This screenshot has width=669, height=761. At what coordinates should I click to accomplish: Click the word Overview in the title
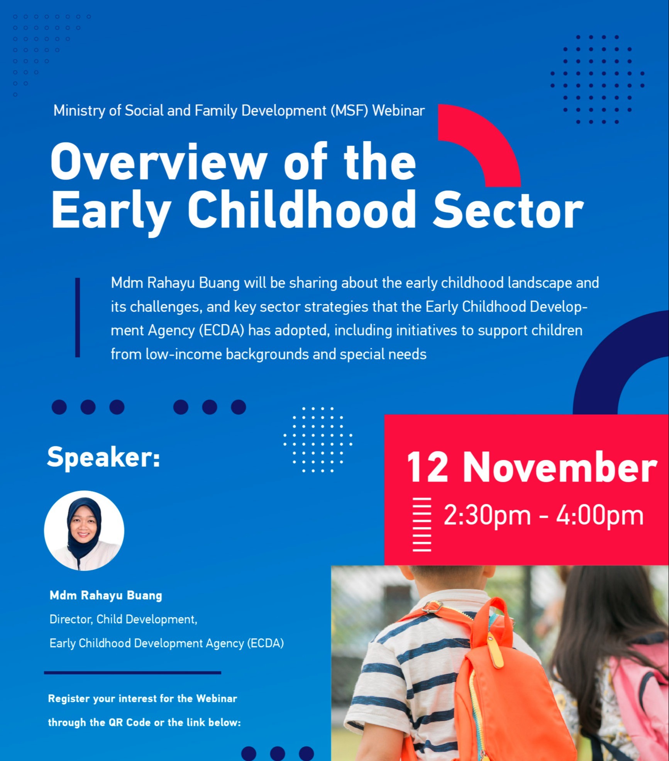point(159,162)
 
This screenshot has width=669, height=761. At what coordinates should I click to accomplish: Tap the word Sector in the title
point(508,210)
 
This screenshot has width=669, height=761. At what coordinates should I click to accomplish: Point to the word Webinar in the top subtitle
point(398,111)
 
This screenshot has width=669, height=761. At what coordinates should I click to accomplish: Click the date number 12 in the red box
point(427,468)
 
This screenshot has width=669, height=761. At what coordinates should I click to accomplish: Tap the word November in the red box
point(560,467)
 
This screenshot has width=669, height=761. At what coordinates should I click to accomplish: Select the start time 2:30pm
point(487,516)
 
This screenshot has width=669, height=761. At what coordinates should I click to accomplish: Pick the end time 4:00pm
point(600,516)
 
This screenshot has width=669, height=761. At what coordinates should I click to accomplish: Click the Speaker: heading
point(103,457)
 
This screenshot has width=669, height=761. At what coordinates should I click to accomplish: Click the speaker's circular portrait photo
point(84,531)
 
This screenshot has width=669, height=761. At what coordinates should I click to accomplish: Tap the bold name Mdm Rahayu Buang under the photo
point(106,595)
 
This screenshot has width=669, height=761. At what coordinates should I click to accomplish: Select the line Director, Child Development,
point(123,619)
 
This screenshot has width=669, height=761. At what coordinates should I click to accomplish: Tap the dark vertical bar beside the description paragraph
point(78,317)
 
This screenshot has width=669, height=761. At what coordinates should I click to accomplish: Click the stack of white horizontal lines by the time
point(422,525)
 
